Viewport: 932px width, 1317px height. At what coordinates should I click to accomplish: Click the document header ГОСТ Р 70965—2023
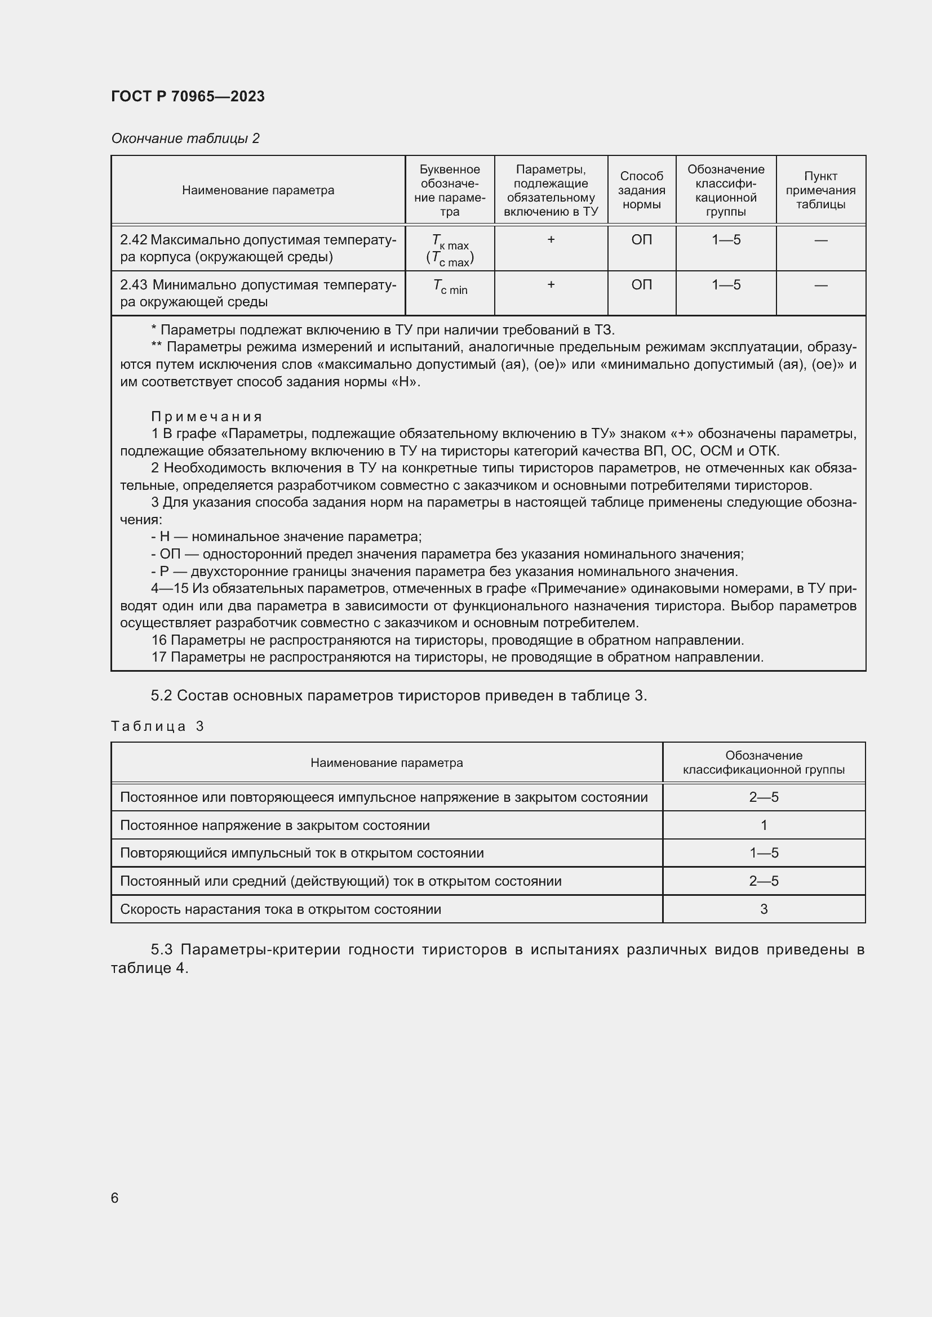click(x=188, y=96)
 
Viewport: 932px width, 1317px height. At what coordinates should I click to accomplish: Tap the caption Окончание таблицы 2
click(x=185, y=139)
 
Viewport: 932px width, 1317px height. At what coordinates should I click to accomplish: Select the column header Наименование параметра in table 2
click(x=258, y=190)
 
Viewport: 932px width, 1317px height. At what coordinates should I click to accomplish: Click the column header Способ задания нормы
click(x=641, y=190)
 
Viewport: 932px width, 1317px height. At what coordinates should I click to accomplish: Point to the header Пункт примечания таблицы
click(x=820, y=190)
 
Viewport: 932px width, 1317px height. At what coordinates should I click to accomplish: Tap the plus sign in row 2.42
click(x=551, y=240)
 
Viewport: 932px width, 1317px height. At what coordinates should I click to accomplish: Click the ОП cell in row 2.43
click(x=641, y=285)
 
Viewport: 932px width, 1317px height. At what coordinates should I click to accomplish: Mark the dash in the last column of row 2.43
click(x=820, y=285)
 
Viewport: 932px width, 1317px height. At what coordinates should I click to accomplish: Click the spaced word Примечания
click(x=207, y=417)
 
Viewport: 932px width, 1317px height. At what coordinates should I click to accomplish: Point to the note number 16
click(x=158, y=640)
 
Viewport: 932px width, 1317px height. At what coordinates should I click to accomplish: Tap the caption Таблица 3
click(x=157, y=726)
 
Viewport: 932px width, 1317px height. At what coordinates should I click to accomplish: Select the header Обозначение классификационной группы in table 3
click(x=764, y=762)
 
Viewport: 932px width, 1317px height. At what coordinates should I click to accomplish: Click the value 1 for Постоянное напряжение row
click(x=764, y=825)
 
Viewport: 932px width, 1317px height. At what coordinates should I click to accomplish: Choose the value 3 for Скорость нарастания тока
click(x=764, y=909)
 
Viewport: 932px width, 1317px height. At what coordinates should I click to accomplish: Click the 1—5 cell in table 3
click(x=764, y=853)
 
